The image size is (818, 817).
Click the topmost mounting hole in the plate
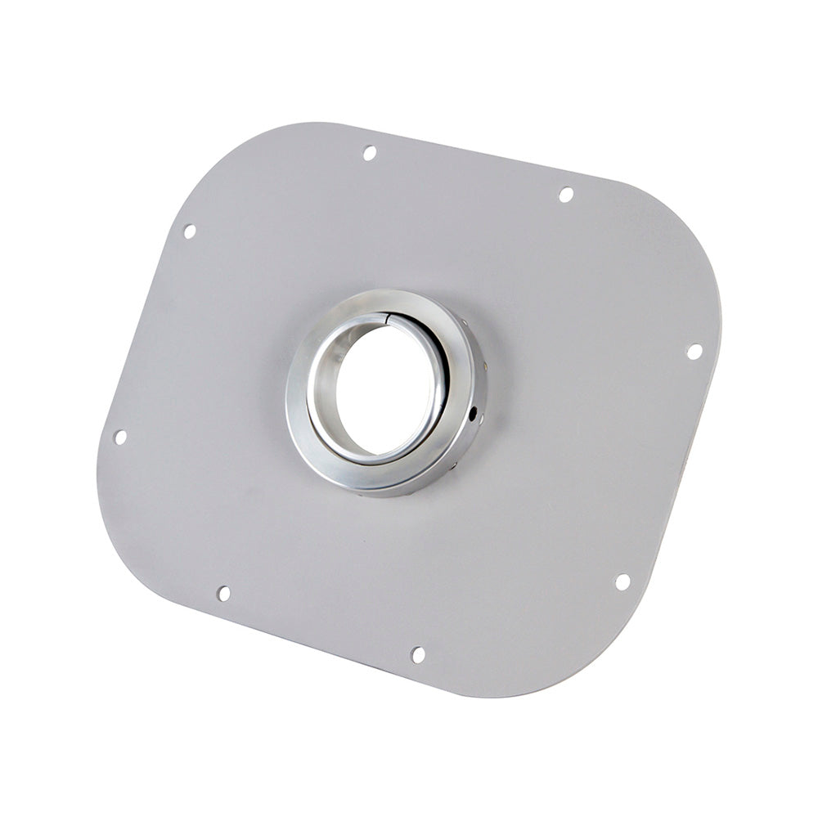click(369, 153)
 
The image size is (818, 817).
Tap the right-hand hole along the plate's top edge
click(565, 195)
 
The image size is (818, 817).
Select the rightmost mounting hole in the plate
click(694, 352)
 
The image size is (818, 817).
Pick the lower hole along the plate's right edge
click(622, 582)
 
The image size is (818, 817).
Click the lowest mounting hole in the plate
click(417, 654)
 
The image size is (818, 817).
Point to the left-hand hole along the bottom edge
click(223, 593)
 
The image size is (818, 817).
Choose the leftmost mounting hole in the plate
click(119, 437)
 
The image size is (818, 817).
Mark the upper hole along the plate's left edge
click(189, 231)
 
